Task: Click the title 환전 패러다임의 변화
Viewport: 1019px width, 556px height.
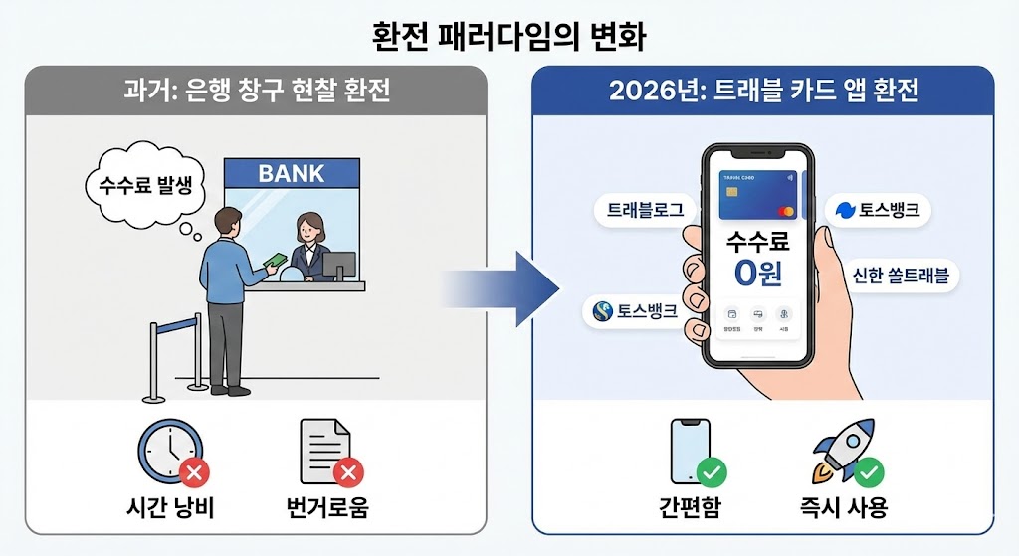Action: point(509,38)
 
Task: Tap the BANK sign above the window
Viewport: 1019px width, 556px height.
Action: point(292,174)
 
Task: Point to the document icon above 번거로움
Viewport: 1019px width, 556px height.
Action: point(324,451)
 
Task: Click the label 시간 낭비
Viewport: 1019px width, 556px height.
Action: point(168,507)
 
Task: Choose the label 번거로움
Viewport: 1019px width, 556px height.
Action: point(325,507)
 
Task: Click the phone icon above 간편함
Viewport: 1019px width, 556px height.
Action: point(691,453)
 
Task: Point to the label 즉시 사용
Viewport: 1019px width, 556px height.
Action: point(848,507)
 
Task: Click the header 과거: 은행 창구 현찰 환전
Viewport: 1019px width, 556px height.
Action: point(256,92)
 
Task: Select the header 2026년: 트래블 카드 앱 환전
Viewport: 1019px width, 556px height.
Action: point(763,92)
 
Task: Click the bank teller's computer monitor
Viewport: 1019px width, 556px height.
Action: point(339,266)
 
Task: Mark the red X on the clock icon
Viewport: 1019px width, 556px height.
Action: point(195,470)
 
